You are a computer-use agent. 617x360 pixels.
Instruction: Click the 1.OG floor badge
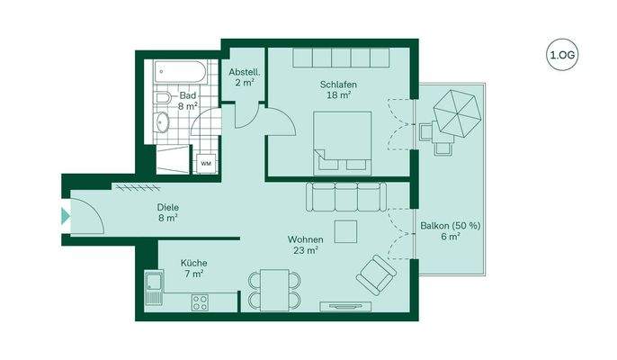[562, 56]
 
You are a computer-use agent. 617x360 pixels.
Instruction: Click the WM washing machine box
[206, 164]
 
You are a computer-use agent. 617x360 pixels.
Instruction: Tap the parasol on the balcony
[459, 112]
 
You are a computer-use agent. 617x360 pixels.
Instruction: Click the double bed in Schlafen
[342, 141]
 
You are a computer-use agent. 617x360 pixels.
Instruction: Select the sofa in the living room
[345, 196]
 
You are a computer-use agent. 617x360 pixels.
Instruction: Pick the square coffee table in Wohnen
[345, 231]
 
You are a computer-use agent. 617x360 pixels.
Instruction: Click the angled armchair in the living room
[376, 274]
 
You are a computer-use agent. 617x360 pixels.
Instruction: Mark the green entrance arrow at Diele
[65, 216]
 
